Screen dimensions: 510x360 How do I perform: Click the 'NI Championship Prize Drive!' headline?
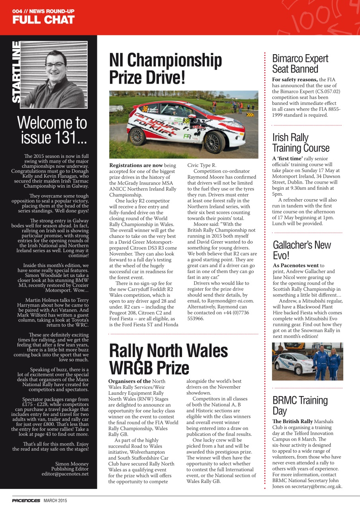(x=165, y=69)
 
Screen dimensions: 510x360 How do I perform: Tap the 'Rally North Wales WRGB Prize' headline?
(x=168, y=359)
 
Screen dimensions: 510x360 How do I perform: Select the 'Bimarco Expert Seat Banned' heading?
(x=300, y=64)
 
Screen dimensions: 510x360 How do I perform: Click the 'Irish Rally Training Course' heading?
(x=301, y=143)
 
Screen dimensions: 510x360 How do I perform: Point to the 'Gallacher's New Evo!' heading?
(x=301, y=250)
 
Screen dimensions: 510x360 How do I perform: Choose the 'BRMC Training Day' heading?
(x=300, y=405)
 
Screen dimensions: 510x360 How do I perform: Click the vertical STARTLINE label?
(x=16, y=72)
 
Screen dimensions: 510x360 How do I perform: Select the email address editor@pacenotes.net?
(x=65, y=474)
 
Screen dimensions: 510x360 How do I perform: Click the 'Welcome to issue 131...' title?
(x=52, y=130)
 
